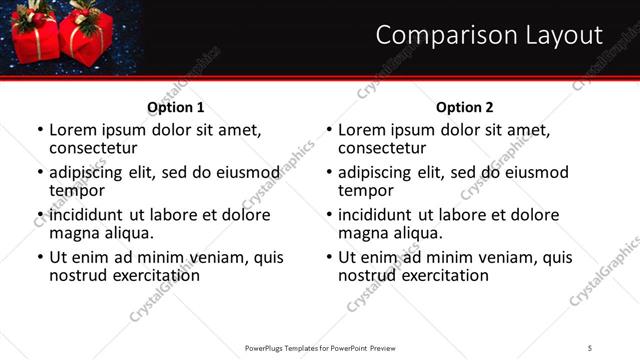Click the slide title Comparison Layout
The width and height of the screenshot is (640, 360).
point(489,36)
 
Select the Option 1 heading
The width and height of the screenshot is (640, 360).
point(176,107)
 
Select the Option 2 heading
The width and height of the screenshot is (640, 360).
point(465,107)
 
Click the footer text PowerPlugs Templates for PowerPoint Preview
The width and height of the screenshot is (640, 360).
point(320,347)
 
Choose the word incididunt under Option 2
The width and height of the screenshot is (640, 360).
point(382,215)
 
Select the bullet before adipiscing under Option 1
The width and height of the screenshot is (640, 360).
point(40,173)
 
